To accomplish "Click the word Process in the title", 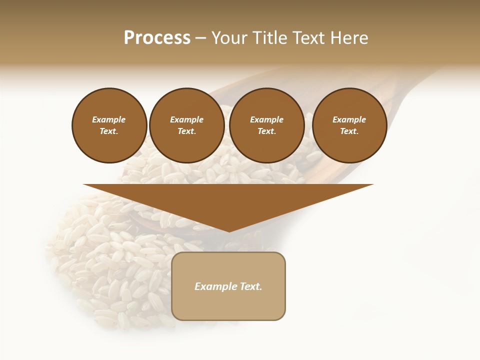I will pyautogui.click(x=157, y=38).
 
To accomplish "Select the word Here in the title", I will pyautogui.click(x=349, y=38).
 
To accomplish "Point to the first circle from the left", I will pyautogui.click(x=109, y=125).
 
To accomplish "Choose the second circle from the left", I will pyautogui.click(x=186, y=125).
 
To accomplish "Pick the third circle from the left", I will pyautogui.click(x=266, y=125).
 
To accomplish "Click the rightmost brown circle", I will pyautogui.click(x=349, y=125).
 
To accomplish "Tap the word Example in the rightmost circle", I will pyautogui.click(x=349, y=119).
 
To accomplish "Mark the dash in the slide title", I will pyautogui.click(x=200, y=38).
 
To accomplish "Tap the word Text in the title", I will pyautogui.click(x=309, y=38).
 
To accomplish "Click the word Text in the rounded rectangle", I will pyautogui.click(x=251, y=286).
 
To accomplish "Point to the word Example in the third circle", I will pyautogui.click(x=266, y=119).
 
